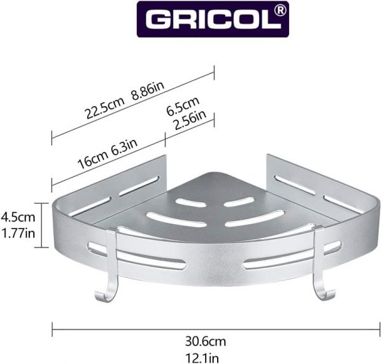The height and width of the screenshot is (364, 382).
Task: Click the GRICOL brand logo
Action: [x=213, y=19]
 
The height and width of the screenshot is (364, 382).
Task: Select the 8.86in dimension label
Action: [x=148, y=90]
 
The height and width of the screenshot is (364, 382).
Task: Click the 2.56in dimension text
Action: [x=191, y=120]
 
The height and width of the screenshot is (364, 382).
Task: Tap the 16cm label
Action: [x=93, y=160]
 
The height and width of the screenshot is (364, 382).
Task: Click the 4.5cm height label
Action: [x=18, y=217]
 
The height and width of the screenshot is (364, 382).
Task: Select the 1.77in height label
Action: [x=18, y=234]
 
